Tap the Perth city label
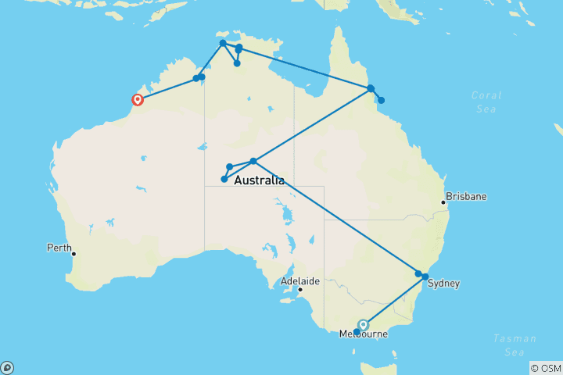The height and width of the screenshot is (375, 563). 59,248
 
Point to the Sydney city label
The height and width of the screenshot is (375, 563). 443,284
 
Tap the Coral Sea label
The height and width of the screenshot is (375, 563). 486,102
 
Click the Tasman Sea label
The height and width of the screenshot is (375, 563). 515,345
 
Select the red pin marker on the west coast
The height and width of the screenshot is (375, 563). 138,99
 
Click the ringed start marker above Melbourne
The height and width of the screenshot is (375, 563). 363,324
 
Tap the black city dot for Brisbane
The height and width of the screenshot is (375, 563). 443,202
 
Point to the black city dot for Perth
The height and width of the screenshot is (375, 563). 74,253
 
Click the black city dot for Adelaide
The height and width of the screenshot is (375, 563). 299,290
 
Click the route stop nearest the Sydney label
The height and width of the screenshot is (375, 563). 425,277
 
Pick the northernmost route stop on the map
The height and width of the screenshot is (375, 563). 223,43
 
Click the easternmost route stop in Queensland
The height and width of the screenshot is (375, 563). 381,100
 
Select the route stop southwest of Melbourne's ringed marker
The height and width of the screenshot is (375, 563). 357,332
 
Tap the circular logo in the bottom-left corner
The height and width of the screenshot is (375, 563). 7,367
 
